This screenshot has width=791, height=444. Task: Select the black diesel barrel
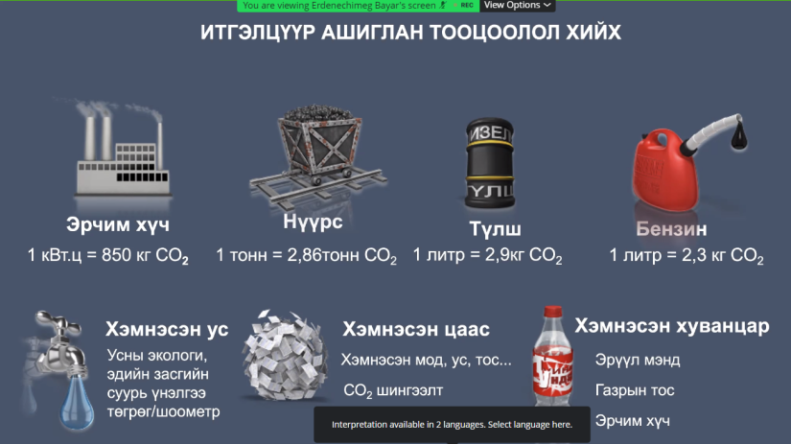[489, 163]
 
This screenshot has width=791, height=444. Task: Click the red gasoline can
[666, 170]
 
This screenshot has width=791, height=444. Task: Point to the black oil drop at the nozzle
[739, 135]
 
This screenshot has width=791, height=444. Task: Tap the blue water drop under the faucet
[78, 403]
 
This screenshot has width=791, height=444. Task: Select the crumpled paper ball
[285, 356]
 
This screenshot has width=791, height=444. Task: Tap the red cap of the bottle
[553, 312]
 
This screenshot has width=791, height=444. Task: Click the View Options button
[517, 6]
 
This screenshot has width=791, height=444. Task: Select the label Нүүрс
[313, 222]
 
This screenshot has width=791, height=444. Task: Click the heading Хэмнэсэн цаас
[416, 330]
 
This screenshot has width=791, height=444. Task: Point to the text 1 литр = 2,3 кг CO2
[686, 256]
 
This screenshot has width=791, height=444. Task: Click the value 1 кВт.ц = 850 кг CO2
[108, 256]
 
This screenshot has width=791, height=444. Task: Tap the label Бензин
[671, 229]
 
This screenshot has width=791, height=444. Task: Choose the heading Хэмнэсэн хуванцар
[672, 326]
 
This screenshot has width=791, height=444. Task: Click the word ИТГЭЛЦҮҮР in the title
[258, 33]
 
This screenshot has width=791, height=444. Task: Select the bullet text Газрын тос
[635, 390]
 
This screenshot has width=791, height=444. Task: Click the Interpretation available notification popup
[452, 425]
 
